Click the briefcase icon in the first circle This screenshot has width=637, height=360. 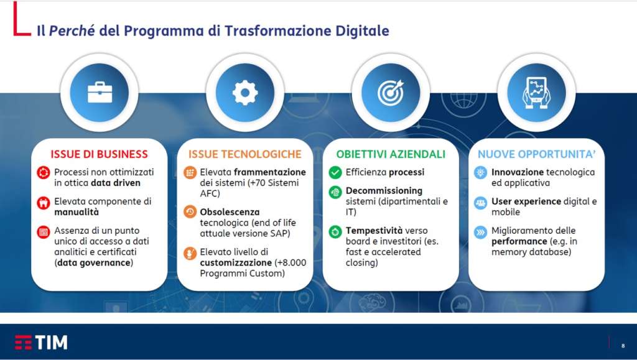tap(100, 93)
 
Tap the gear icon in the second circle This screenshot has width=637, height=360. tap(245, 93)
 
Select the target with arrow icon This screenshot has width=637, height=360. tap(391, 92)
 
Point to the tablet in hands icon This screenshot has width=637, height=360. tap(536, 93)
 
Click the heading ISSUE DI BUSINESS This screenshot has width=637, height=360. tap(99, 154)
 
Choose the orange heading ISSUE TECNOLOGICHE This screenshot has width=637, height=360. tap(245, 154)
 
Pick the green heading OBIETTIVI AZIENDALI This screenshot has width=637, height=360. tap(391, 154)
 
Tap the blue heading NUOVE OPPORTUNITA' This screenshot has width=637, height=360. tap(537, 154)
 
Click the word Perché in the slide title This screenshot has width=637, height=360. tap(72, 30)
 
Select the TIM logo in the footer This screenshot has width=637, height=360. tap(41, 342)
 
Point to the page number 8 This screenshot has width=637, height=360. tap(623, 346)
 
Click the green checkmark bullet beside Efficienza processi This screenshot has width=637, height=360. tap(335, 172)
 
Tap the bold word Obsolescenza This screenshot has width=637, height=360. tap(230, 212)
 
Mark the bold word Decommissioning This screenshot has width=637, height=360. tap(384, 191)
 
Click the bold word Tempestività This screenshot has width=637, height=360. tap(374, 231)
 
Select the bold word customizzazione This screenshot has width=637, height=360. tap(236, 262)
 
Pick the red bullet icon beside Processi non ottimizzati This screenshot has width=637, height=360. tap(44, 172)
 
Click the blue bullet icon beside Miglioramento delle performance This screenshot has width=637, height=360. tap(481, 232)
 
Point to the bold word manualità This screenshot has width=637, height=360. tap(77, 212)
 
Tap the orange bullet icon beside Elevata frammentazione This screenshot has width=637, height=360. tap(190, 172)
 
